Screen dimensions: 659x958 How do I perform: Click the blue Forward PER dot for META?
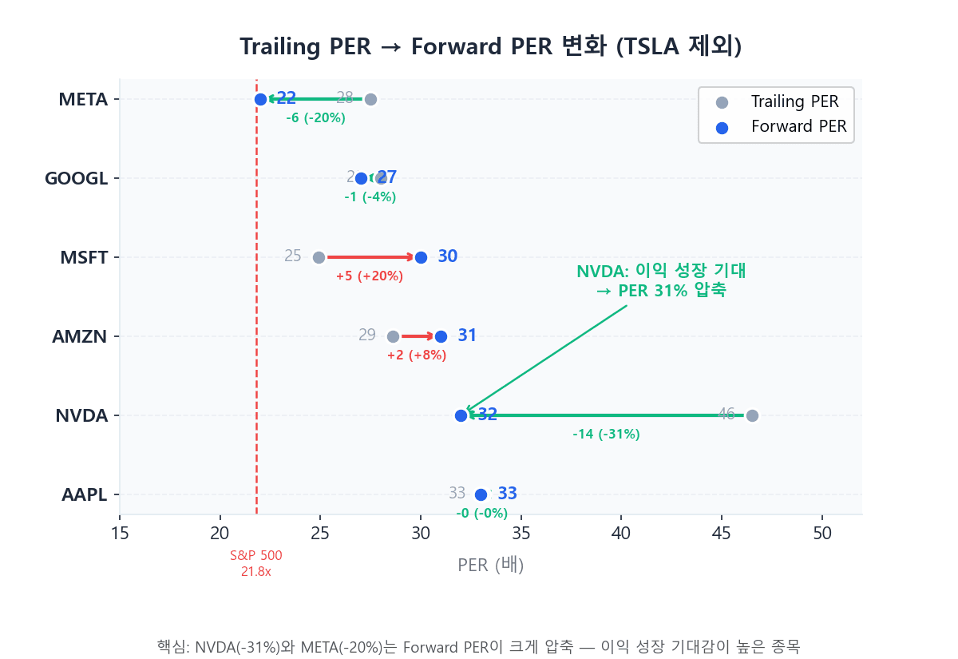[260, 99]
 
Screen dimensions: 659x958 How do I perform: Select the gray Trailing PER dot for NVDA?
[752, 415]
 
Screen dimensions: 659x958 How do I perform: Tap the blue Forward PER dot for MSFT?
[421, 257]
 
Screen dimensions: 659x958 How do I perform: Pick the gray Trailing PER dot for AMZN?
[393, 336]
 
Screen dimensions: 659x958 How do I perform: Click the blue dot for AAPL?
[481, 494]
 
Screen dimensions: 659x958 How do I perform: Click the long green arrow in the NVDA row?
[607, 415]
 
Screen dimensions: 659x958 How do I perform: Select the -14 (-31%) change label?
[606, 435]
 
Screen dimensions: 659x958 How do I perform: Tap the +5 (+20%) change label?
[370, 276]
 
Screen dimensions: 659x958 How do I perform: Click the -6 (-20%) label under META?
[315, 118]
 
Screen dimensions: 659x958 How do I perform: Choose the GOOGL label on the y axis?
[76, 178]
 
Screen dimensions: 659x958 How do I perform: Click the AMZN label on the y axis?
[80, 336]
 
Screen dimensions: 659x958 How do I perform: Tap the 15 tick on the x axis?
[120, 534]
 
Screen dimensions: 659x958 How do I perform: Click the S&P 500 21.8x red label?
[256, 563]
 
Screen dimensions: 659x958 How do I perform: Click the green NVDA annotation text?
[661, 280]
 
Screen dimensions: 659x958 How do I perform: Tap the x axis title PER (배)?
[490, 566]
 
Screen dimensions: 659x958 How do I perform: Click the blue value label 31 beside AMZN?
[467, 336]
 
